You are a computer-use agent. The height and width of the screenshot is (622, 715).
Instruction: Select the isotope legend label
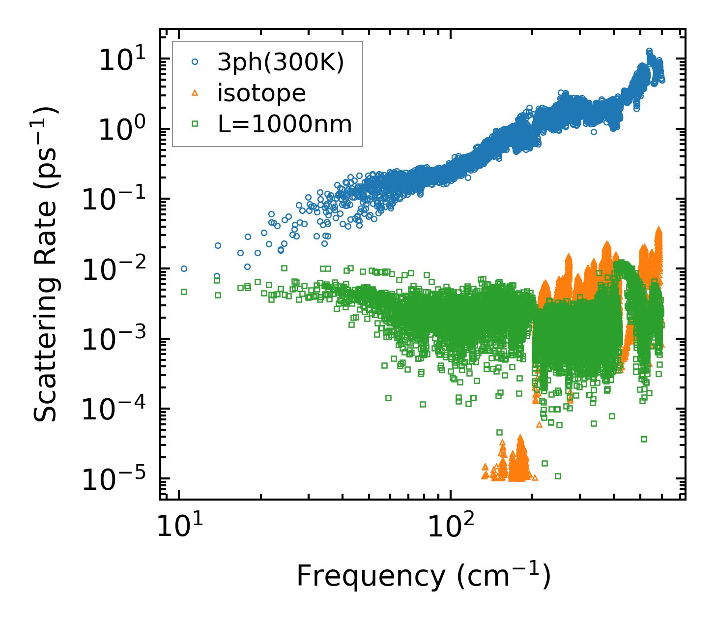pyautogui.click(x=261, y=93)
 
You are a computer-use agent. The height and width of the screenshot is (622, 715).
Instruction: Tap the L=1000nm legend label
pyautogui.click(x=285, y=124)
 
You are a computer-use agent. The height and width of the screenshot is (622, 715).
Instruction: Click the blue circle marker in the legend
pyautogui.click(x=195, y=62)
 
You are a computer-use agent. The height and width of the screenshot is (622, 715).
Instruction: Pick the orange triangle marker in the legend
pyautogui.click(x=195, y=93)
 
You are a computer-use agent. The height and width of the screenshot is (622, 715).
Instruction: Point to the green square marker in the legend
pyautogui.click(x=195, y=124)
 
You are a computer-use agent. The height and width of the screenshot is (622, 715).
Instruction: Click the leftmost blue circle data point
pyautogui.click(x=184, y=268)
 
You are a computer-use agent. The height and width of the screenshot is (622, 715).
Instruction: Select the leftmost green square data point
pyautogui.click(x=184, y=292)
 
